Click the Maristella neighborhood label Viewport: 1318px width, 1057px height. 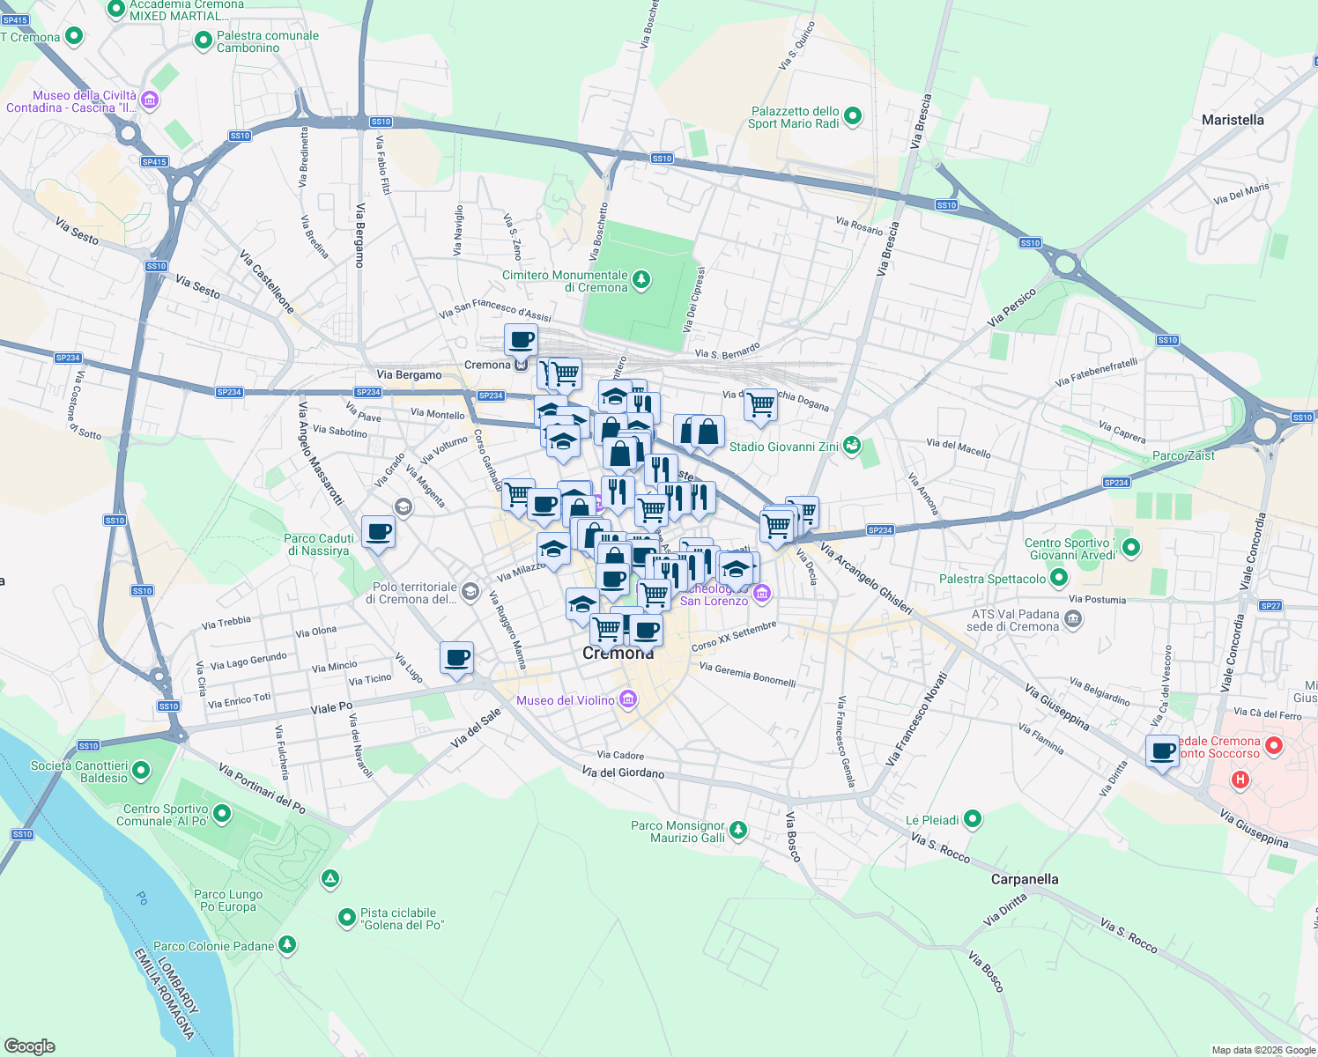(x=1233, y=120)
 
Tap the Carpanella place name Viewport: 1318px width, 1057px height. (x=1025, y=879)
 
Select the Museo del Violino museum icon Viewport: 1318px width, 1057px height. (x=628, y=700)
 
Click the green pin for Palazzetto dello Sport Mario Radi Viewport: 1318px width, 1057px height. (x=852, y=116)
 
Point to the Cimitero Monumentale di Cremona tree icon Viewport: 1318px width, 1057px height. (x=641, y=280)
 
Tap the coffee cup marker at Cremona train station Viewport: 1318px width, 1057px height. (x=522, y=339)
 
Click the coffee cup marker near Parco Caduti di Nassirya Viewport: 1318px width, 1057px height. (x=378, y=532)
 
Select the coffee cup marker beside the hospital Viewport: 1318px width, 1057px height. (x=1163, y=751)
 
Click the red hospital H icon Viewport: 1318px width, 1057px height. (x=1240, y=780)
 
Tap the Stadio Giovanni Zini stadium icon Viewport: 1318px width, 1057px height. (x=851, y=446)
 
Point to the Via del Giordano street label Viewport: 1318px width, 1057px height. (x=623, y=772)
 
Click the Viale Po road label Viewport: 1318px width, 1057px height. (x=331, y=708)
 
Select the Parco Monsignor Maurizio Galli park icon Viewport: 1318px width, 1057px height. (x=738, y=831)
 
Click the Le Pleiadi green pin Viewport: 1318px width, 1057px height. (x=973, y=819)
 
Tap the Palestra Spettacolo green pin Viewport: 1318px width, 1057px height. (x=1059, y=579)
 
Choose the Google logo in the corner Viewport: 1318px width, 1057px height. (x=29, y=1046)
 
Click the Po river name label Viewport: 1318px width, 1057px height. (x=142, y=898)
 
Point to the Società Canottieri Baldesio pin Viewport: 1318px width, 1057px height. (x=141, y=772)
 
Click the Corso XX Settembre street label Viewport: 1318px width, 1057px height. (x=734, y=636)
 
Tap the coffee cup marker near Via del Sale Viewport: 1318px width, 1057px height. (x=456, y=657)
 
